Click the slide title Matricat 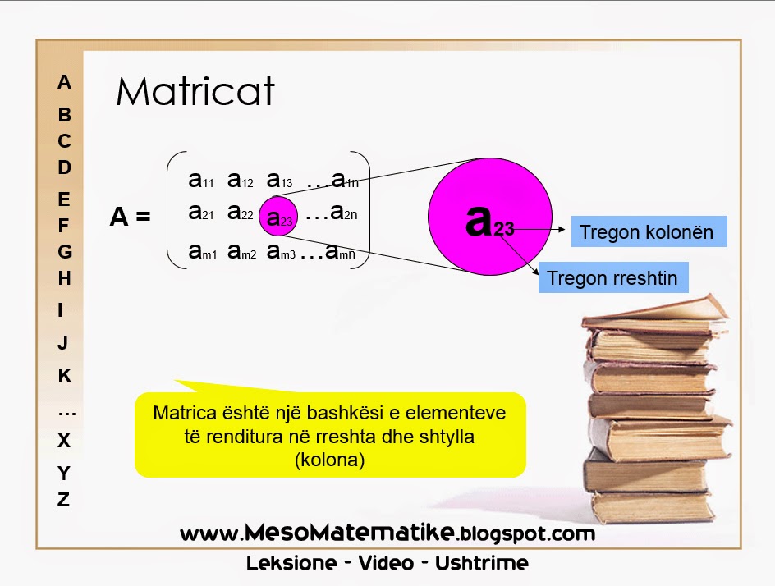pos(195,92)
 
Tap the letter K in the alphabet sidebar pos(64,376)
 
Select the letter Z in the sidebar pos(63,499)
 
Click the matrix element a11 pos(200,179)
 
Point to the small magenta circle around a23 pos(278,217)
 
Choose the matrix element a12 pos(240,179)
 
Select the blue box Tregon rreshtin pos(612,278)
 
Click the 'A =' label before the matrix pos(131,217)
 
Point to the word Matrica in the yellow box pos(182,412)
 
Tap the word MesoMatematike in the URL pos(348,533)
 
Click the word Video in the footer pos(387,564)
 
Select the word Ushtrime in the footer pos(482,564)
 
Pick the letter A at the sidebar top pos(64,82)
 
